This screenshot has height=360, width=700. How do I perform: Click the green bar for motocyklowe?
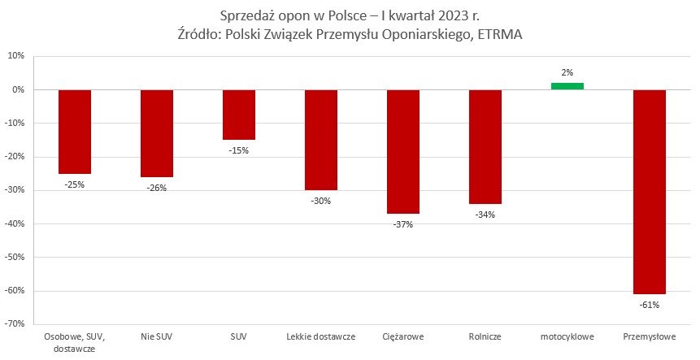(x=567, y=86)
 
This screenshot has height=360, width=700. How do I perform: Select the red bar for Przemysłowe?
(x=649, y=192)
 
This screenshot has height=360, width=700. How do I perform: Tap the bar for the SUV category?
(x=239, y=115)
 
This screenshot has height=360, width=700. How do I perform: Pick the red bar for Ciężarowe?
(x=402, y=151)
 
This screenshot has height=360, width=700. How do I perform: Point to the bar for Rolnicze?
(x=485, y=146)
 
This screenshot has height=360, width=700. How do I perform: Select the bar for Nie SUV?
(x=157, y=133)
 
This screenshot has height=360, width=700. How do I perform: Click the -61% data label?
(x=649, y=305)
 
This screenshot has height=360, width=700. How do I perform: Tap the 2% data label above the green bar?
(x=567, y=73)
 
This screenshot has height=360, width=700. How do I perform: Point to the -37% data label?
(x=402, y=224)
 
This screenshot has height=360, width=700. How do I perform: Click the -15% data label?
(x=239, y=150)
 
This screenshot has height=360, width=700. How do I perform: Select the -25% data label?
(x=75, y=184)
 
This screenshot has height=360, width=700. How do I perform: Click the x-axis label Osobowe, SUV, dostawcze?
(x=75, y=342)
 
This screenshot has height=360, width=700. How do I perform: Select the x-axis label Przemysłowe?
(x=649, y=336)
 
